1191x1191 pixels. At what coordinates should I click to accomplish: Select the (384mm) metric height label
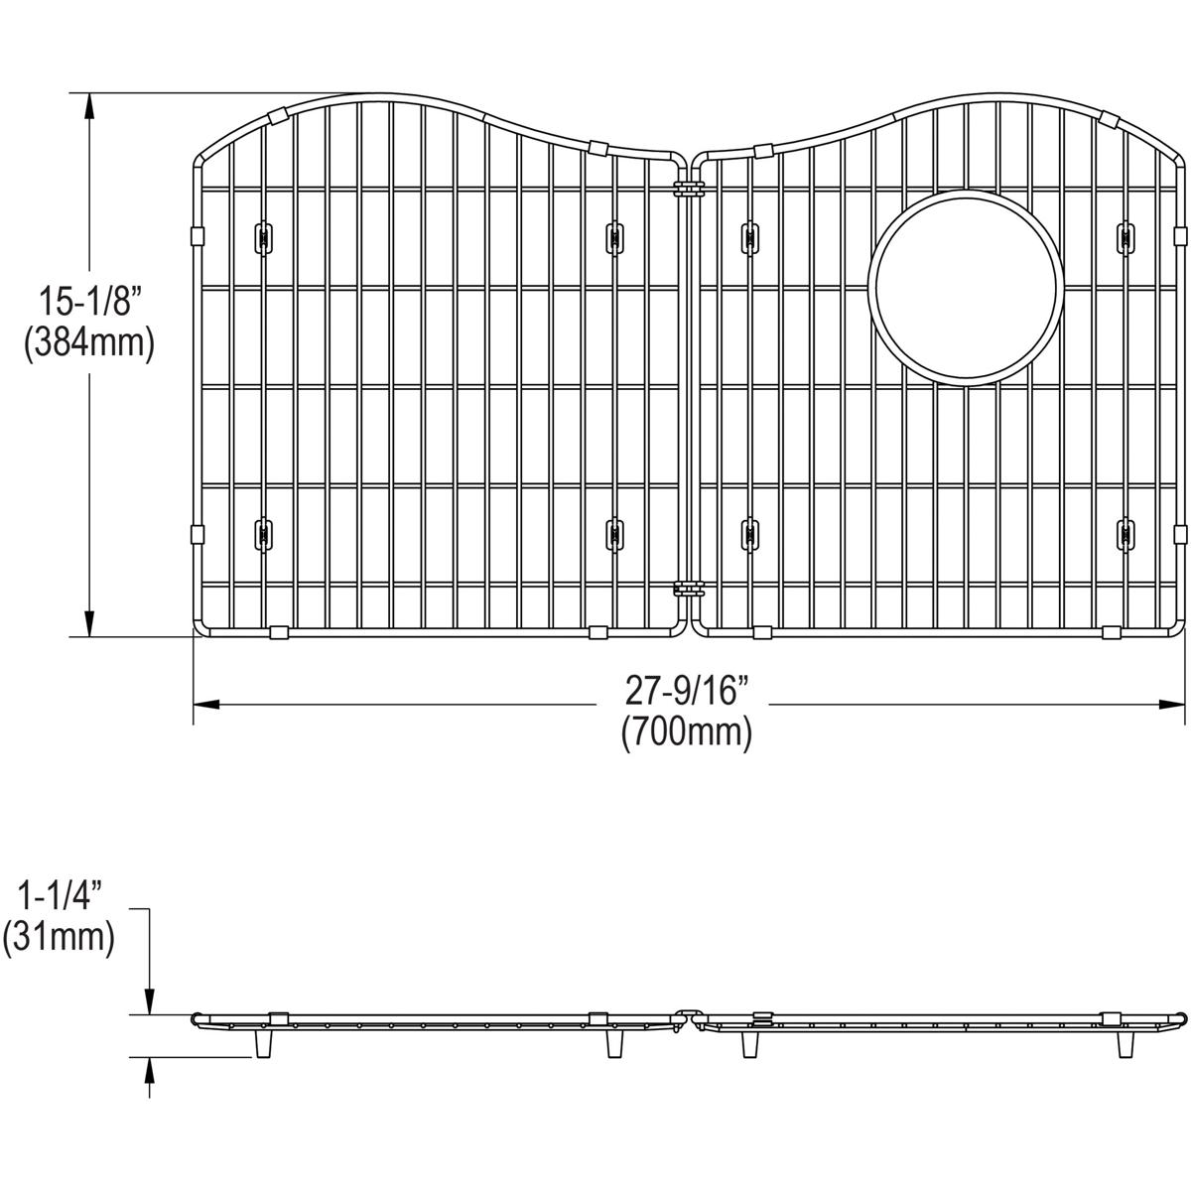(89, 343)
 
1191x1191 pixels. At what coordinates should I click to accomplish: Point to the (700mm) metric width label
(686, 733)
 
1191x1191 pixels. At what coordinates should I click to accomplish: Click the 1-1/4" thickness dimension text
(59, 895)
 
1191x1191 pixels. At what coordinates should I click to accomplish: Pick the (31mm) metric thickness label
(59, 938)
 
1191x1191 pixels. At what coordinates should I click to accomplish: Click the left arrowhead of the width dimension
(203, 705)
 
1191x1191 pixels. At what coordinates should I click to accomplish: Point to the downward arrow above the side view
(149, 1002)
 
